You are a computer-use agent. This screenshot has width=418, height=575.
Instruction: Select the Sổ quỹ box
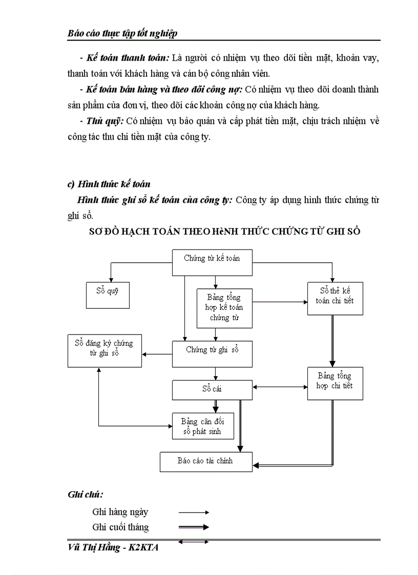pyautogui.click(x=107, y=295)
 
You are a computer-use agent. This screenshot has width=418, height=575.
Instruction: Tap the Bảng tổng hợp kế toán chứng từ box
pyautogui.click(x=224, y=308)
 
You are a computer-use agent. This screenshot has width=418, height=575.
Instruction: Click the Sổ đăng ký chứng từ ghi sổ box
pyautogui.click(x=104, y=351)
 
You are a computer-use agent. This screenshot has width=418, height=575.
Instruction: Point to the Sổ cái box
pyautogui.click(x=212, y=390)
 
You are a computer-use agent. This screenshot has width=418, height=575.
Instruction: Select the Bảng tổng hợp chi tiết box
pyautogui.click(x=335, y=383)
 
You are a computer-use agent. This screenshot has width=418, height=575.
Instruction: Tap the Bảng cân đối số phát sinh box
pyautogui.click(x=203, y=426)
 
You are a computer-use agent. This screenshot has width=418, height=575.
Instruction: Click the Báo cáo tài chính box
pyautogui.click(x=205, y=461)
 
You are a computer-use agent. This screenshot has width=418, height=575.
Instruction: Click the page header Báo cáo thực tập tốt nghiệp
pyautogui.click(x=122, y=33)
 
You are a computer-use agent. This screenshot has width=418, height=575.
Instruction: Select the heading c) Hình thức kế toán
pyautogui.click(x=109, y=184)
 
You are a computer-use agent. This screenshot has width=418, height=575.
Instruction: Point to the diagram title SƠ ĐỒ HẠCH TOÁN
pyautogui.click(x=224, y=231)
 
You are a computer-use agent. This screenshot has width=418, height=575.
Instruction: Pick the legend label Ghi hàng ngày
pyautogui.click(x=120, y=512)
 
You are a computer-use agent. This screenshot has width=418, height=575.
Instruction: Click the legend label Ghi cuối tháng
pyautogui.click(x=120, y=527)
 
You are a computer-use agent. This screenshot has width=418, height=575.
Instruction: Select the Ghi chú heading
pyautogui.click(x=85, y=494)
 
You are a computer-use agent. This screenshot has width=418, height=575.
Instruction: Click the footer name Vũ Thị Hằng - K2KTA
pyautogui.click(x=113, y=547)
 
